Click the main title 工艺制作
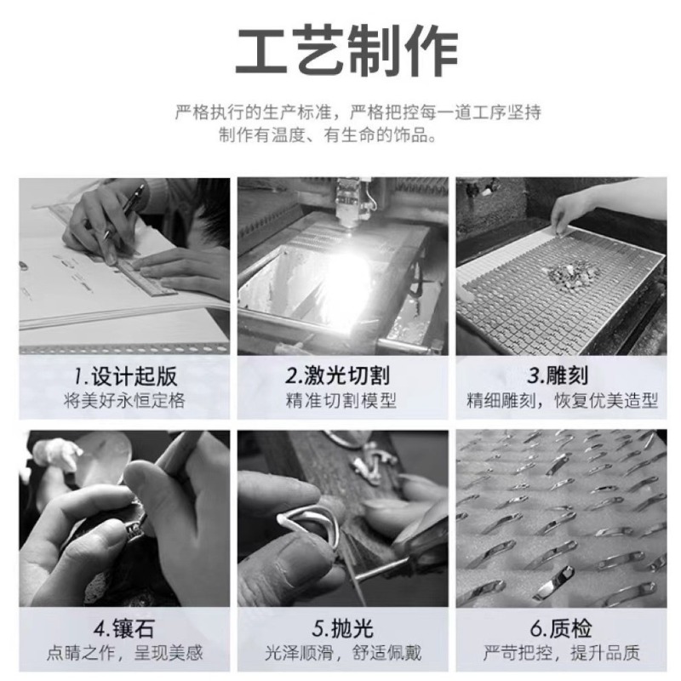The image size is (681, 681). [346, 51]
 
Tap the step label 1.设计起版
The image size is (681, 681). [125, 376]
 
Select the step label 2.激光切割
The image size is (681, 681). [337, 375]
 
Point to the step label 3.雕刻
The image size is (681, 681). [558, 375]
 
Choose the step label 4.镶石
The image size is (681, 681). [124, 629]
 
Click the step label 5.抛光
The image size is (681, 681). [343, 629]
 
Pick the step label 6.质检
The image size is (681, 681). [561, 629]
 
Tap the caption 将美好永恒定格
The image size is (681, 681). [124, 400]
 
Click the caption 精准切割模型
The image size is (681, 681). [341, 400]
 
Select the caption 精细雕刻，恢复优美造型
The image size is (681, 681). [563, 400]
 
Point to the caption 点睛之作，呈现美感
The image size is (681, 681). [125, 653]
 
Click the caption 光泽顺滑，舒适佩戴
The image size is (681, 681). [343, 653]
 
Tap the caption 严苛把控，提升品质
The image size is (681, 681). [562, 653]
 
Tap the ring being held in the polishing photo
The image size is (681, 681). [311, 521]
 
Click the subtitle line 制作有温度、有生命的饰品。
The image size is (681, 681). [328, 135]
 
